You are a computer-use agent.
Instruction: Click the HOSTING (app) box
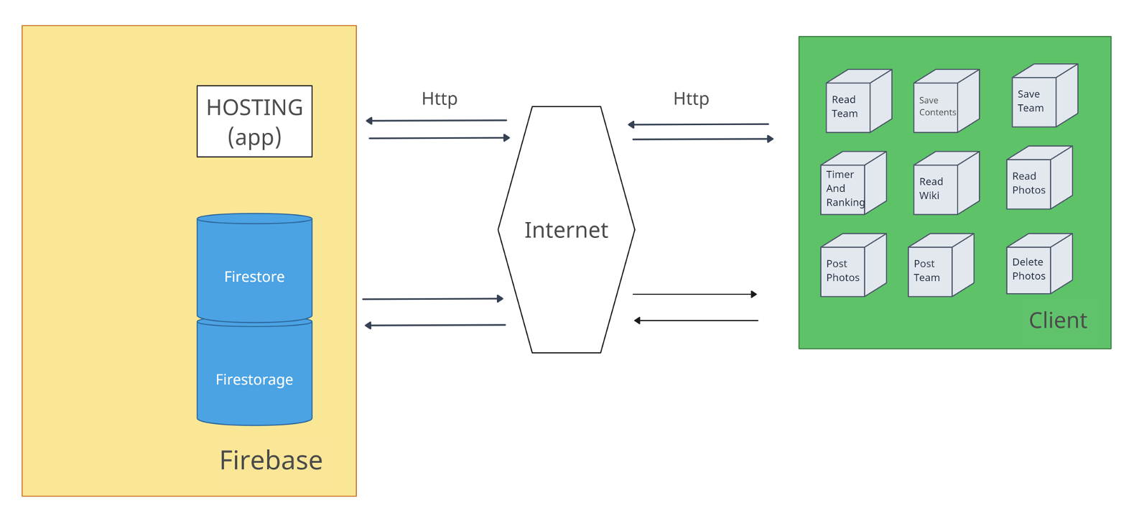coord(254,121)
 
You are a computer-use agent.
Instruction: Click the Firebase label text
coord(271,460)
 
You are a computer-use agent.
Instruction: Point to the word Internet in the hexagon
coord(566,230)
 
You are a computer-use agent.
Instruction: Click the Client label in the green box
coord(1057,321)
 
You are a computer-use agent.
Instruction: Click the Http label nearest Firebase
coord(440,98)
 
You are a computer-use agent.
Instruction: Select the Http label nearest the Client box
coord(691,98)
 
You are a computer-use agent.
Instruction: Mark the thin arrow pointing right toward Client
coord(694,294)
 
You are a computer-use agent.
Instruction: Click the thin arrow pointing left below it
coord(696,321)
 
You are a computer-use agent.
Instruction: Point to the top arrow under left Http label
coord(436,121)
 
